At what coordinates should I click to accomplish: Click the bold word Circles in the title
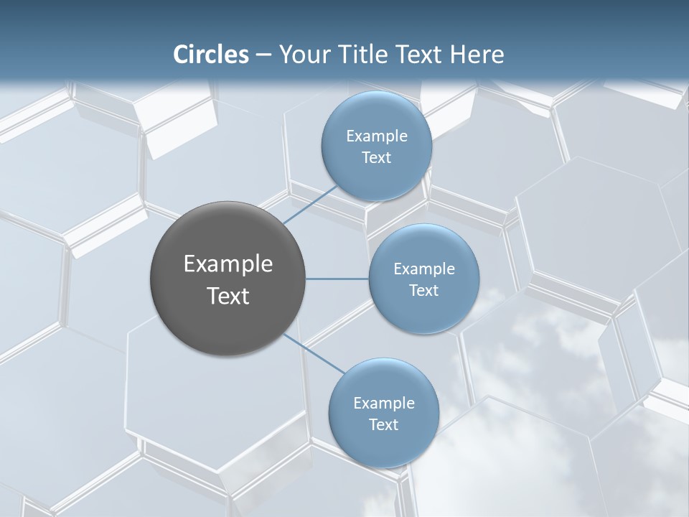pyautogui.click(x=211, y=55)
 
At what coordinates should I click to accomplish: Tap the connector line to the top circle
pyautogui.click(x=311, y=205)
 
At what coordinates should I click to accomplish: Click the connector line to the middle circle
pyautogui.click(x=337, y=279)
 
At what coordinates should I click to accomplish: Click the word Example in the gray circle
pyautogui.click(x=228, y=264)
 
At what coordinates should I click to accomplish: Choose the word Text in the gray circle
pyautogui.click(x=228, y=296)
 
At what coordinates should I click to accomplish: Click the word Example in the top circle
pyautogui.click(x=377, y=136)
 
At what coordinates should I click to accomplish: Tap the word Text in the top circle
pyautogui.click(x=376, y=158)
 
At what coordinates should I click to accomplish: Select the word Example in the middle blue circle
pyautogui.click(x=424, y=269)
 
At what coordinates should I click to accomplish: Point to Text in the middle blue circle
pyautogui.click(x=423, y=291)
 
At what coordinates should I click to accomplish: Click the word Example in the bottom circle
pyautogui.click(x=384, y=404)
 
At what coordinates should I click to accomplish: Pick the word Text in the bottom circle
pyautogui.click(x=383, y=425)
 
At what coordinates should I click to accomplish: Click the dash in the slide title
pyautogui.click(x=263, y=55)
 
